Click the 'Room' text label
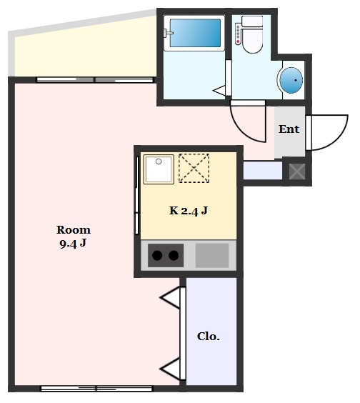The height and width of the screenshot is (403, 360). click(x=74, y=230)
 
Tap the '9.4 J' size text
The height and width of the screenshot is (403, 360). click(x=74, y=243)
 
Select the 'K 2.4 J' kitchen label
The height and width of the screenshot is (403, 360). click(x=188, y=211)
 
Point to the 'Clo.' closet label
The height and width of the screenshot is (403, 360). click(x=209, y=337)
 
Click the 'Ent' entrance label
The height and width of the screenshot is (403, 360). click(x=289, y=129)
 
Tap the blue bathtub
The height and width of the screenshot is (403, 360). click(x=196, y=32)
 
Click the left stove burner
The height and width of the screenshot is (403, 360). click(x=157, y=255)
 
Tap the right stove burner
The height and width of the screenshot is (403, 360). click(x=174, y=255)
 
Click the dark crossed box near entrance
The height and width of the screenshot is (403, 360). click(x=296, y=171)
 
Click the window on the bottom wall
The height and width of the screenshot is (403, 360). click(x=96, y=389)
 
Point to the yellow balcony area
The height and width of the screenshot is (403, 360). click(x=79, y=50)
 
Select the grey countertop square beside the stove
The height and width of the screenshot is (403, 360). click(x=212, y=255)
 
